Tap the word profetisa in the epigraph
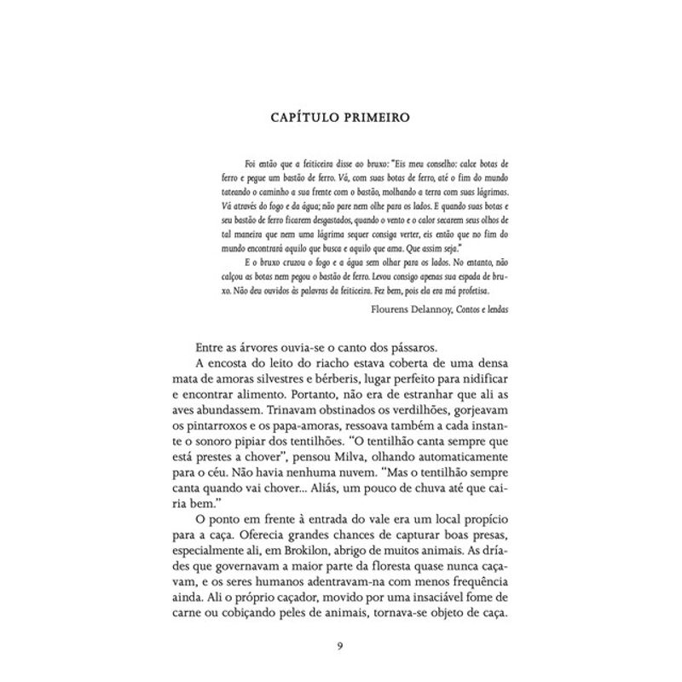[488, 290]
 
